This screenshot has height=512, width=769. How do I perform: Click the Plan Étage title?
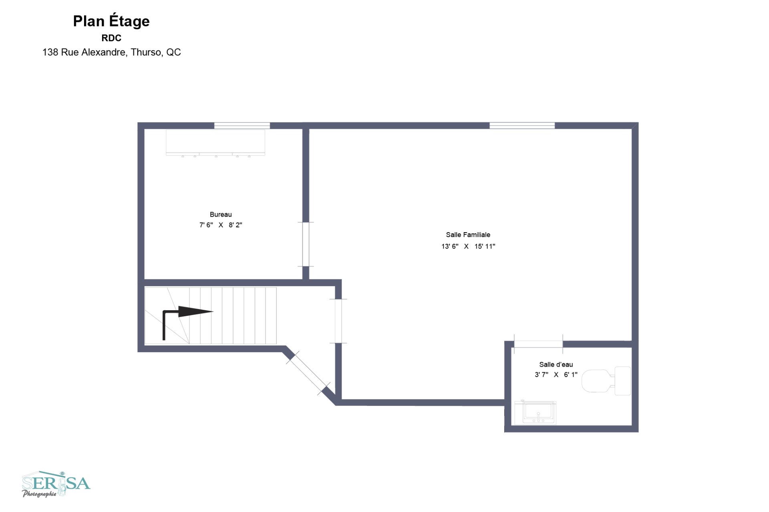111,21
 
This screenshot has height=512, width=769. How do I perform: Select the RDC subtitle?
111,38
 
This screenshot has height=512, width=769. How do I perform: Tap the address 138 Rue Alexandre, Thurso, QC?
112,52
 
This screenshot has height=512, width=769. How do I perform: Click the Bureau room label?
221,215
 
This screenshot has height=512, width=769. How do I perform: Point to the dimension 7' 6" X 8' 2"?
221,225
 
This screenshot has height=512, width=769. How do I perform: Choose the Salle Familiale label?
468,235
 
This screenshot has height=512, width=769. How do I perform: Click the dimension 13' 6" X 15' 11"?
468,246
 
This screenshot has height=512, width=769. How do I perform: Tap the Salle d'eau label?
556,364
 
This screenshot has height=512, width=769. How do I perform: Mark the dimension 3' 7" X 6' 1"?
556,375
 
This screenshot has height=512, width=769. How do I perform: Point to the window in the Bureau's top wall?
242,126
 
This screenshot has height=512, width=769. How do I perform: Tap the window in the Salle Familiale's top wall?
522,126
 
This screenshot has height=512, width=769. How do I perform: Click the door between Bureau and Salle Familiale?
306,244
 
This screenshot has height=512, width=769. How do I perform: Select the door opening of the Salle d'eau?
538,344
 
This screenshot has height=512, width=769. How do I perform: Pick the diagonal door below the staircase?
308,373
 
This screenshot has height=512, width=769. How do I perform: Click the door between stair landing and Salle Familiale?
338,321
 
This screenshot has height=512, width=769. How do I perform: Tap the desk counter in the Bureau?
215,143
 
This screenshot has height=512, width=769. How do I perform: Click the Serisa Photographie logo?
56,484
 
